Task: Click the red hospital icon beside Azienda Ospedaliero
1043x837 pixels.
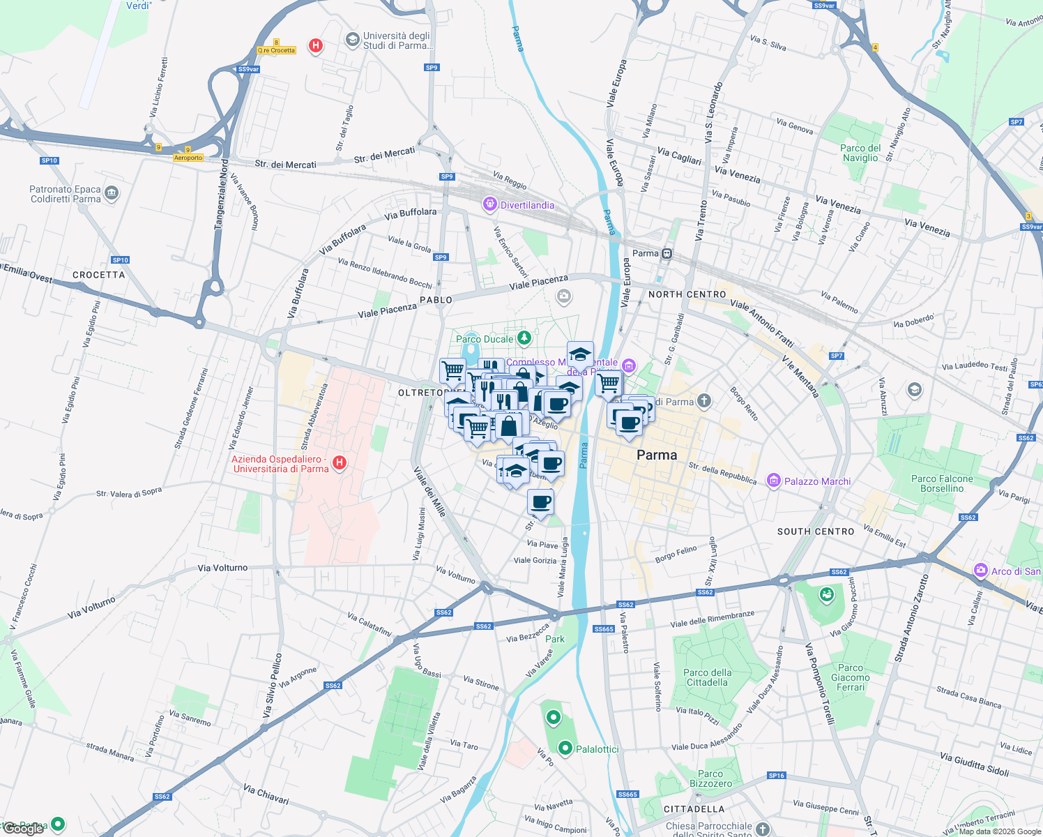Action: pyautogui.click(x=340, y=463)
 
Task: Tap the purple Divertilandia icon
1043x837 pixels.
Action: pyautogui.click(x=490, y=204)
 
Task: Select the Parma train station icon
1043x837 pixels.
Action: pyautogui.click(x=667, y=253)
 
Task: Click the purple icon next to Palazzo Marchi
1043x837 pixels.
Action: pyautogui.click(x=773, y=481)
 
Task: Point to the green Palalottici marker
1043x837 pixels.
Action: pyautogui.click(x=565, y=748)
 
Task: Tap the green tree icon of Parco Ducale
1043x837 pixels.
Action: pyautogui.click(x=524, y=338)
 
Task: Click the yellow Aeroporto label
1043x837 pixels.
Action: pyautogui.click(x=188, y=158)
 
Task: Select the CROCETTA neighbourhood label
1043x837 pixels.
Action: pyautogui.click(x=99, y=275)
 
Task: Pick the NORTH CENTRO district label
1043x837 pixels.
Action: pyautogui.click(x=687, y=294)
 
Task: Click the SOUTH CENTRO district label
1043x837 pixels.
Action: pyautogui.click(x=816, y=531)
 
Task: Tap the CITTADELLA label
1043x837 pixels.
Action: pyautogui.click(x=694, y=809)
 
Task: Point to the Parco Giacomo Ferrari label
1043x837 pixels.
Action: pyautogui.click(x=851, y=677)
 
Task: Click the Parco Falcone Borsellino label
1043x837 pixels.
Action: pyautogui.click(x=942, y=483)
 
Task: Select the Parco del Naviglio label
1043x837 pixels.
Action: pyautogui.click(x=860, y=153)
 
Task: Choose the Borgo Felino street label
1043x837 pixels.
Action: pyautogui.click(x=676, y=555)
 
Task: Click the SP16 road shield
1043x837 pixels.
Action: pyautogui.click(x=776, y=776)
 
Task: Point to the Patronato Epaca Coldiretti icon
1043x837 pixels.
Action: pyautogui.click(x=112, y=194)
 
